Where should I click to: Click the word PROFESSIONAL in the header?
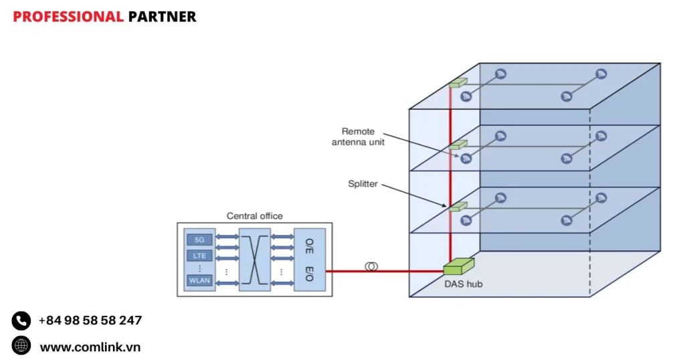coord(68,17)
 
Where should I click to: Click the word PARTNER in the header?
coord(162,17)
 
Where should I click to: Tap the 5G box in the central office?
coord(199,239)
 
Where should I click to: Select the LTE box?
coord(199,256)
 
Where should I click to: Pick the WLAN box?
coord(199,280)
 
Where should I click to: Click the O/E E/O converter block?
coord(309,259)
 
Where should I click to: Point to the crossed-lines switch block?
coord(255,259)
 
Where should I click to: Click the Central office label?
coord(254,216)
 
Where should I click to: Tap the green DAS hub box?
coord(458,266)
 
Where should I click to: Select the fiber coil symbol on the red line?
coord(371,266)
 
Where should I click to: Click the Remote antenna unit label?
coord(358,137)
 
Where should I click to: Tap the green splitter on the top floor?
coord(458,83)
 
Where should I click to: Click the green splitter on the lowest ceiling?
coord(458,207)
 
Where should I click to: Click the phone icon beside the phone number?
coord(21,321)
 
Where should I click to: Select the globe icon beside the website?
coord(21,345)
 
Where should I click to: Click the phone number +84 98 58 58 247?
coord(90,321)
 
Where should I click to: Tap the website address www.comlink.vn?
coord(90,347)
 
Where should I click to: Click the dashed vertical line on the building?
coord(589,201)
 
